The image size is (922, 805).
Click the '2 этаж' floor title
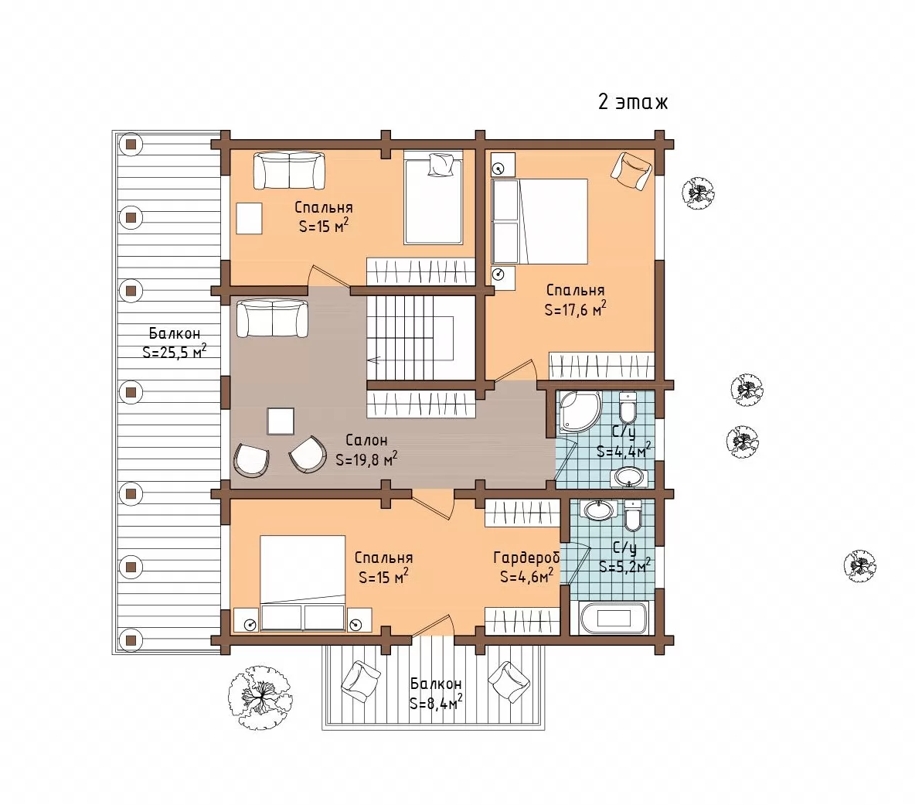pos(633,102)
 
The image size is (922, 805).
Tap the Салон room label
pos(366,439)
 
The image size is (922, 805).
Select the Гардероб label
pos(526,557)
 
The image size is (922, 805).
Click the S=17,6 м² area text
pos(575,309)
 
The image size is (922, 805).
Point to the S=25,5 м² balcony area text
pos(174,351)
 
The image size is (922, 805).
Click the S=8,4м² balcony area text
pos(436,702)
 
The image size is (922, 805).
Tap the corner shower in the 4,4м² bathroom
pos(579,410)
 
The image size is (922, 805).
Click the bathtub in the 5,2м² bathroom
pos(614,617)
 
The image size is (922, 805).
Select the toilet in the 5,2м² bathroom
pos(633,515)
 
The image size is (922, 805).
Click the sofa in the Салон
pos(272,319)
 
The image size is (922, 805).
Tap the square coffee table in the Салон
pos(281,421)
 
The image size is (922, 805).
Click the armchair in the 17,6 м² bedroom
pos(632,171)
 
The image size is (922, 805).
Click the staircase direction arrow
pos(374,360)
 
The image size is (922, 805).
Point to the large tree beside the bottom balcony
pos(260,698)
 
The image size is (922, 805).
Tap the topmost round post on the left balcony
pos(131,144)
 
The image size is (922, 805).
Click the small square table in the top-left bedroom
pos(250,218)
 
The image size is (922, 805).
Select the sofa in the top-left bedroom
pos(289,171)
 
